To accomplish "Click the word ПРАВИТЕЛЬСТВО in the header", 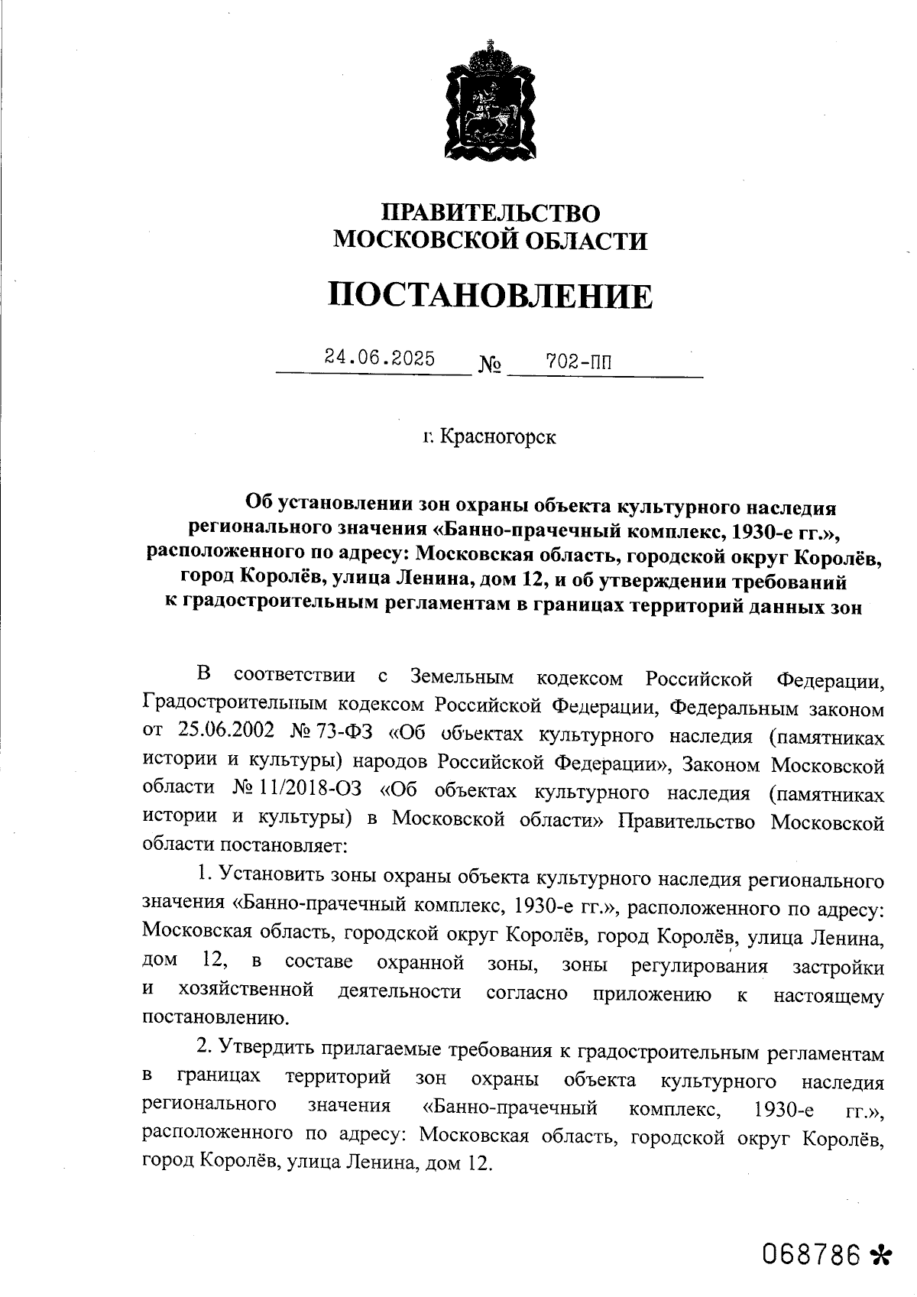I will click(491, 213).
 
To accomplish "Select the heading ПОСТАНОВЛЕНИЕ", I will click(491, 295).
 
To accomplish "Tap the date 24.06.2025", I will click(380, 358).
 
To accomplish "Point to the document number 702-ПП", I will click(578, 362).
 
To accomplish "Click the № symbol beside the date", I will click(490, 365).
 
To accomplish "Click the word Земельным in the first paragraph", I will click(462, 677).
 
